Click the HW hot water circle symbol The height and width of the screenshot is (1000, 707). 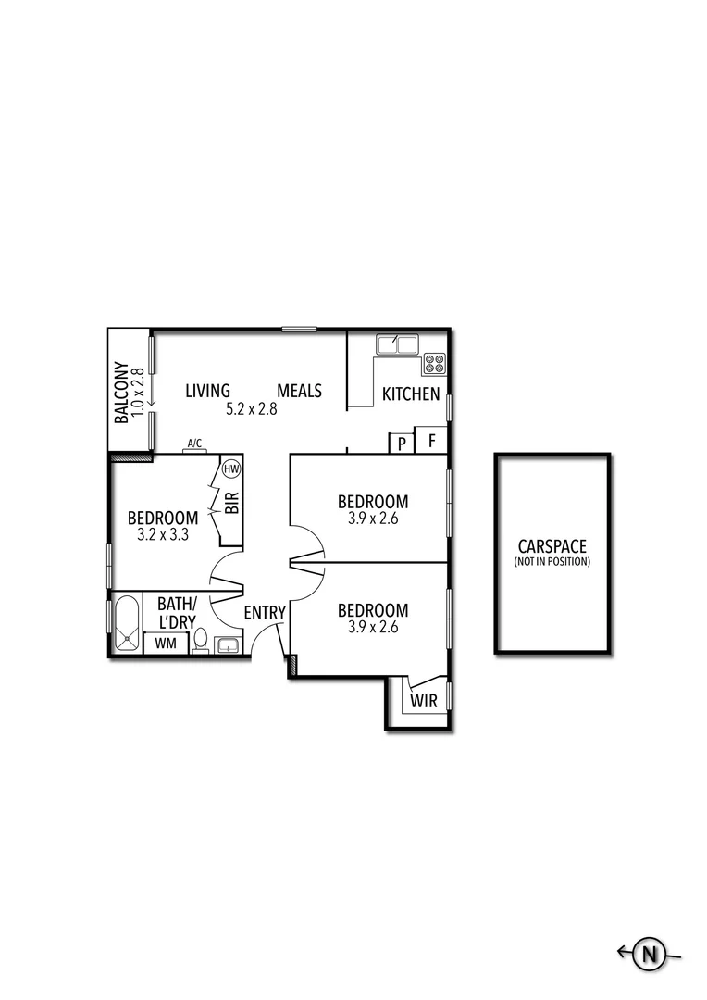231,469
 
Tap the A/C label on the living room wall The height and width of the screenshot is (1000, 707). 195,444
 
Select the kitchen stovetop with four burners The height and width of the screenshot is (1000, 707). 435,364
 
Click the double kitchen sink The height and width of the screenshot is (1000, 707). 397,345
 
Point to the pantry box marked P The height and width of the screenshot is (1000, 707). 403,444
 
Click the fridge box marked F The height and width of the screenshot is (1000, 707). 431,440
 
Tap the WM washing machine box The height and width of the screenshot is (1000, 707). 167,643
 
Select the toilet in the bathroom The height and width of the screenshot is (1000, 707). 200,642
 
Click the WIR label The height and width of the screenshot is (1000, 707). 424,700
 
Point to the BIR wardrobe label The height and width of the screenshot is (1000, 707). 232,503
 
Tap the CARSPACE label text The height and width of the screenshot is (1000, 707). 552,546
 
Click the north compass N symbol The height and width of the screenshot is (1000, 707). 651,953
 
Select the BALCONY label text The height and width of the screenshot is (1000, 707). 121,392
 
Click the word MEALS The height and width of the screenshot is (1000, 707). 300,391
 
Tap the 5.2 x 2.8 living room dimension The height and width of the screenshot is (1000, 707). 252,408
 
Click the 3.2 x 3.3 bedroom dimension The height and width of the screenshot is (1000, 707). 163,534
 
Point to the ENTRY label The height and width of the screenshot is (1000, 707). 264,612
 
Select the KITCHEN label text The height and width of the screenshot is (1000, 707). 411,394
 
